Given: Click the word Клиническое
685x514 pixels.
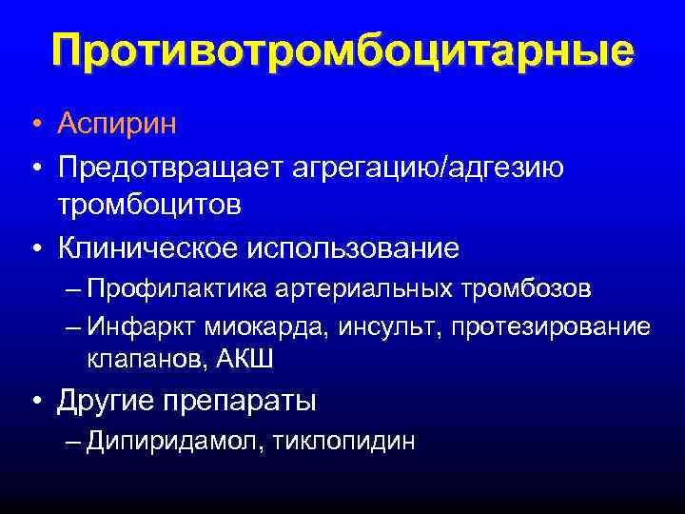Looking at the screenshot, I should pos(146,247).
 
